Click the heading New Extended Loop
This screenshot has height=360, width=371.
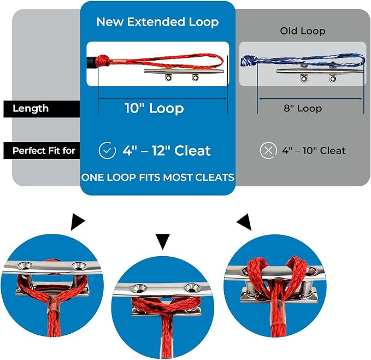tap(157, 22)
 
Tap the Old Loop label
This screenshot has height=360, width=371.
tap(303, 31)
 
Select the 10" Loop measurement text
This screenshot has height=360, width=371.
tap(154, 108)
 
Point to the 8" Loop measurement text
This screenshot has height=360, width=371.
tap(303, 108)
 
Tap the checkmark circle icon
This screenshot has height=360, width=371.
tap(107, 150)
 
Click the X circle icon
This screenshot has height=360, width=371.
tap(268, 150)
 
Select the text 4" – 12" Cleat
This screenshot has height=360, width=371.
tap(167, 150)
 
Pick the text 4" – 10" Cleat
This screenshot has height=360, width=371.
tap(314, 150)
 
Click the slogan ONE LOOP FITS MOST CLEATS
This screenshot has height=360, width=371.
tap(157, 178)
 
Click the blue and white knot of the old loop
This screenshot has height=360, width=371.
tap(248, 61)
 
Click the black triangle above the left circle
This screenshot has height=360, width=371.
tap(78, 222)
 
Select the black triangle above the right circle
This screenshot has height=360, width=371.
tap(245, 222)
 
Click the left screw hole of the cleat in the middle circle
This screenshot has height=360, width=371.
tap(138, 288)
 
